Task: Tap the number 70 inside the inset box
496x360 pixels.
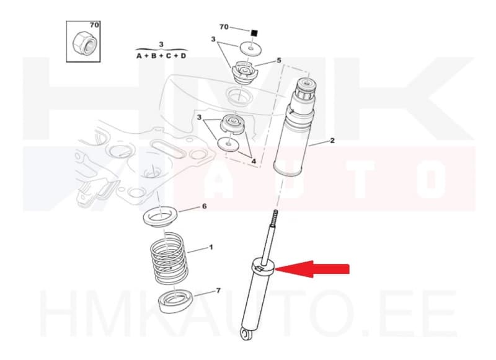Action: tap(94, 25)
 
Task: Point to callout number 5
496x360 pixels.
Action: tap(279, 60)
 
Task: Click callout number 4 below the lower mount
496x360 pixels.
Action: tap(253, 162)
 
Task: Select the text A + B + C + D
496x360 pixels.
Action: tap(161, 56)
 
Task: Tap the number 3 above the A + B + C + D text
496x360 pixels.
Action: tap(161, 44)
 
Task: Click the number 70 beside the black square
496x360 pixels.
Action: tap(224, 27)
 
